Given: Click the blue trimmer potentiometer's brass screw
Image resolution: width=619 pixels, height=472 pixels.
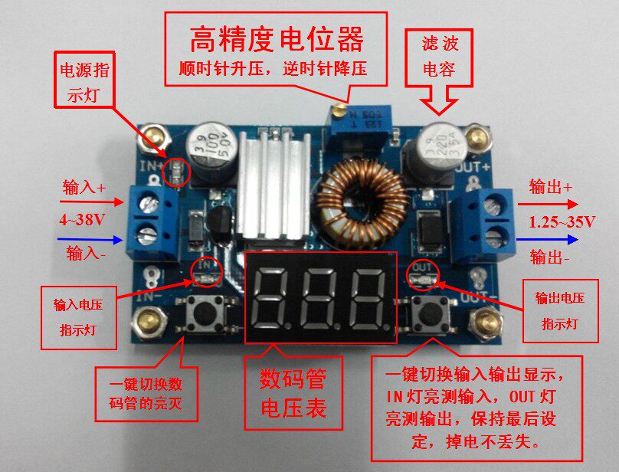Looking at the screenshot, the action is click(x=338, y=110).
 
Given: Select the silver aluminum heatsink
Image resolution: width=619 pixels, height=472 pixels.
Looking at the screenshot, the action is click(x=273, y=185).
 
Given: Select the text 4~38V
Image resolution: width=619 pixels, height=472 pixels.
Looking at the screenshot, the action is click(x=82, y=220).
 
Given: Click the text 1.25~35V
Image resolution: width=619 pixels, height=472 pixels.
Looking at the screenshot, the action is click(x=562, y=222).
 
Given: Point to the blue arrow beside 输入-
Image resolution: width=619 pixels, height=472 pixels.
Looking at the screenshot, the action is click(x=90, y=239).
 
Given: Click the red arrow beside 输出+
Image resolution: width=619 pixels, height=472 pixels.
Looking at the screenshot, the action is click(x=548, y=205).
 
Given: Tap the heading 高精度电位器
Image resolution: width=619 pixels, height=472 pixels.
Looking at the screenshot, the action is click(x=276, y=40).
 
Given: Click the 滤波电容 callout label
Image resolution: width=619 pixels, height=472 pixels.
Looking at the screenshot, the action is click(x=440, y=57).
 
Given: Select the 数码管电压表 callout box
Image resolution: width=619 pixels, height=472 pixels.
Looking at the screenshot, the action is click(x=293, y=393).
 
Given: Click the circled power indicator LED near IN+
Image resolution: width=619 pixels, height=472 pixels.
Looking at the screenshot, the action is click(x=176, y=172).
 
